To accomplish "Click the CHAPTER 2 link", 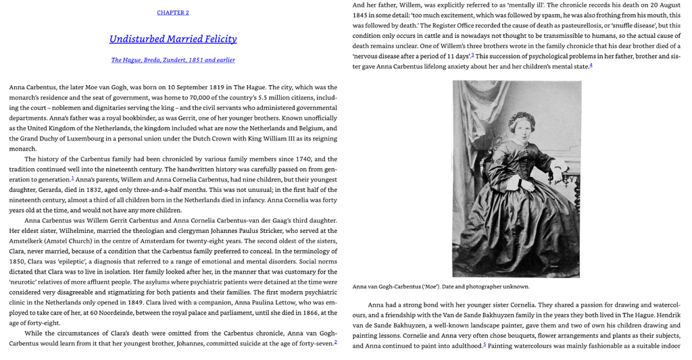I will (x=173, y=13).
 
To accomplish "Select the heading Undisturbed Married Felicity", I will (x=173, y=39).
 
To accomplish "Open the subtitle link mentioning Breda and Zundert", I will (x=173, y=60).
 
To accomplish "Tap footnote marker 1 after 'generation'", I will (x=72, y=178).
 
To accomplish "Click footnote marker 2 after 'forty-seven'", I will (x=335, y=342).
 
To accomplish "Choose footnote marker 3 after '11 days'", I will (x=472, y=55).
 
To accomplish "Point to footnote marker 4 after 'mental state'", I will (x=591, y=65).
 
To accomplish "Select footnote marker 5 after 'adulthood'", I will (x=484, y=344).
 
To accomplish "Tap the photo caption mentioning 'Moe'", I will (x=441, y=286).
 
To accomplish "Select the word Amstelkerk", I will (x=26, y=241).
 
